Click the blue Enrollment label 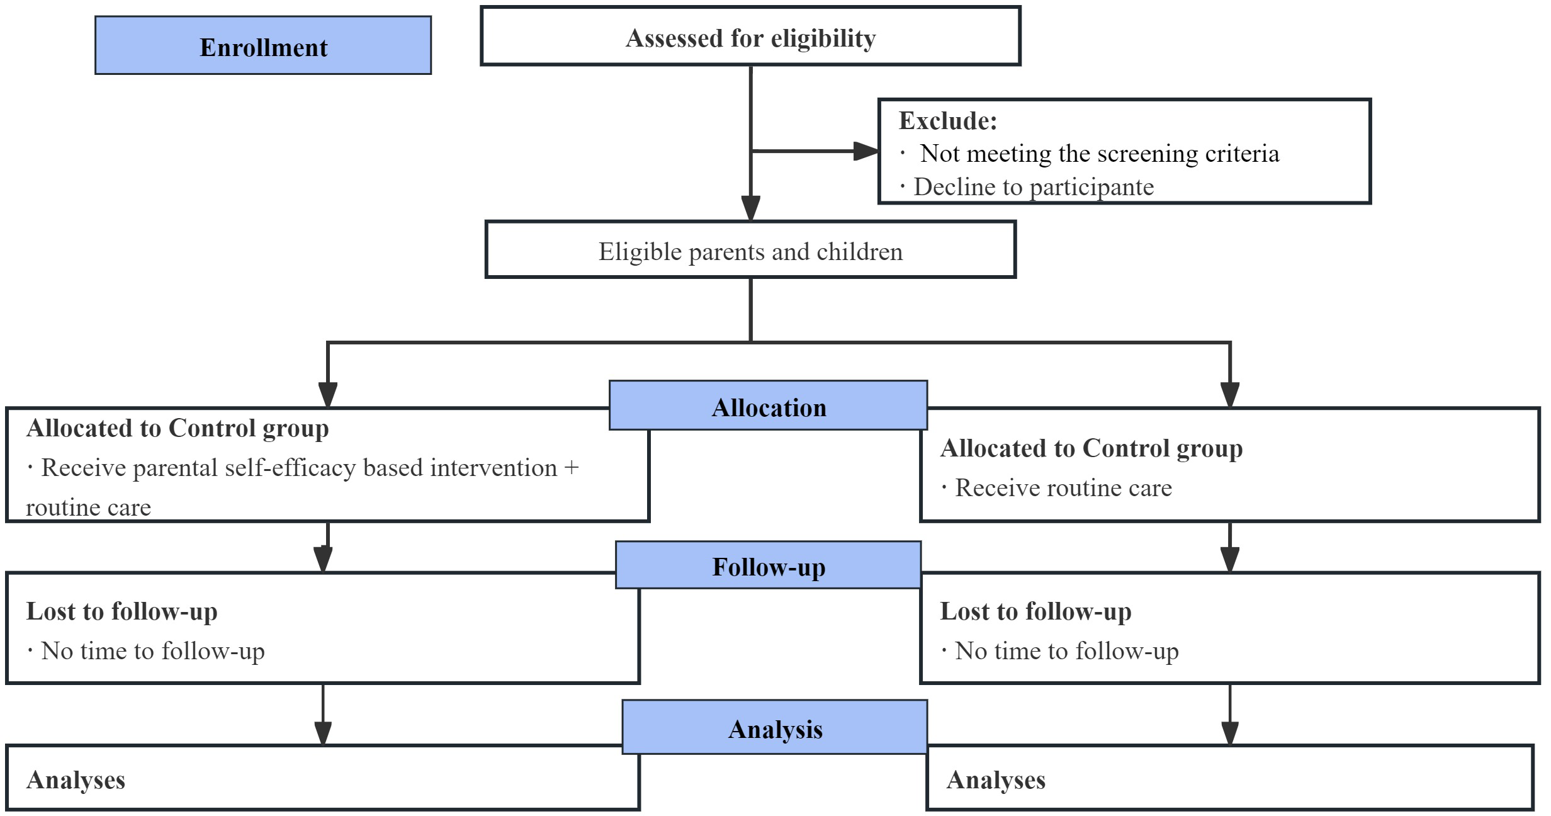click(263, 46)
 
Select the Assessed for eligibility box click(750, 37)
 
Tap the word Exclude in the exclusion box click(947, 121)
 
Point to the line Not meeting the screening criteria click(1098, 154)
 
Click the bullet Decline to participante click(1032, 187)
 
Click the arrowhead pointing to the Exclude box click(866, 151)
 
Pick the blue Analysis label click(774, 728)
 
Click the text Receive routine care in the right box click(1063, 488)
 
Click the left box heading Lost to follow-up click(121, 611)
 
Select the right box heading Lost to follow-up click(1035, 611)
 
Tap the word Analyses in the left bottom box click(76, 779)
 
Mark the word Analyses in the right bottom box click(996, 779)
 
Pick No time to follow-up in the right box click(1066, 651)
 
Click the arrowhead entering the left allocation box click(327, 395)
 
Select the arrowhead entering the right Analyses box click(1229, 733)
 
